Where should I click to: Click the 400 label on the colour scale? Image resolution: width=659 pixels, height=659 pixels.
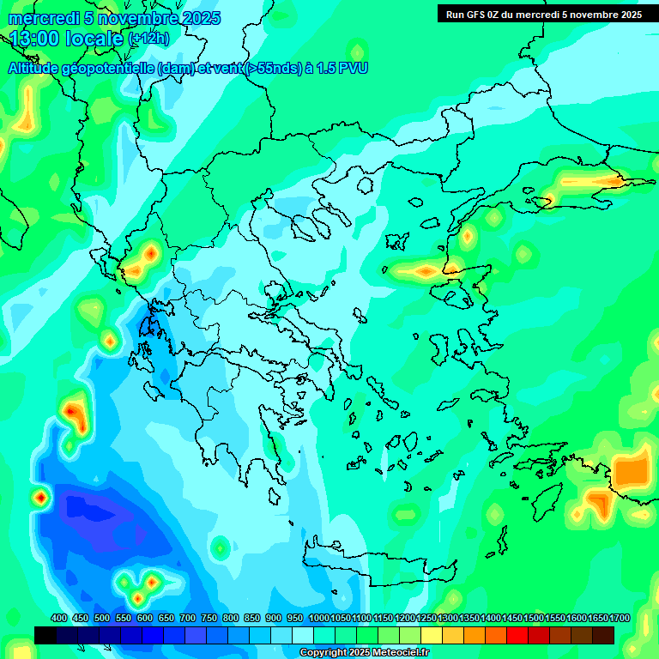[x=59, y=618]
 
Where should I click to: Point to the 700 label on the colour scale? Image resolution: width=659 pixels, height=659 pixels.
[x=187, y=618]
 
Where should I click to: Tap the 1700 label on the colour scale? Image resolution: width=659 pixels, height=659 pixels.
[x=619, y=618]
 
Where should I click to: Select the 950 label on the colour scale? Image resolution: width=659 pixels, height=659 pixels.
[x=294, y=618]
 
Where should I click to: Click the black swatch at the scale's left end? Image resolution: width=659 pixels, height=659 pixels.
[x=45, y=635]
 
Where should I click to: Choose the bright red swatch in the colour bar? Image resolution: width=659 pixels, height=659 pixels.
[x=517, y=635]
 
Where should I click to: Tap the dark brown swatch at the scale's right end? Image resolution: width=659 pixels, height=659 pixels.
[x=603, y=635]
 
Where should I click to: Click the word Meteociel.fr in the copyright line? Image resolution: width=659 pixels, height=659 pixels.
[x=397, y=653]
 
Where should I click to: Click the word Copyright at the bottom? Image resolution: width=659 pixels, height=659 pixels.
[x=323, y=653]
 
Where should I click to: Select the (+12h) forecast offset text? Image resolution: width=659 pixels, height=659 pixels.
[x=148, y=39]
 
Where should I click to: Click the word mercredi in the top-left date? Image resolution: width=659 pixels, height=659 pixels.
[x=39, y=18]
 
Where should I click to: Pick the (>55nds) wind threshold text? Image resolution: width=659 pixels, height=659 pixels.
[x=274, y=69]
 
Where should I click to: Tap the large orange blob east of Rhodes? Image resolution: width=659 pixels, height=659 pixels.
[x=632, y=471]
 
